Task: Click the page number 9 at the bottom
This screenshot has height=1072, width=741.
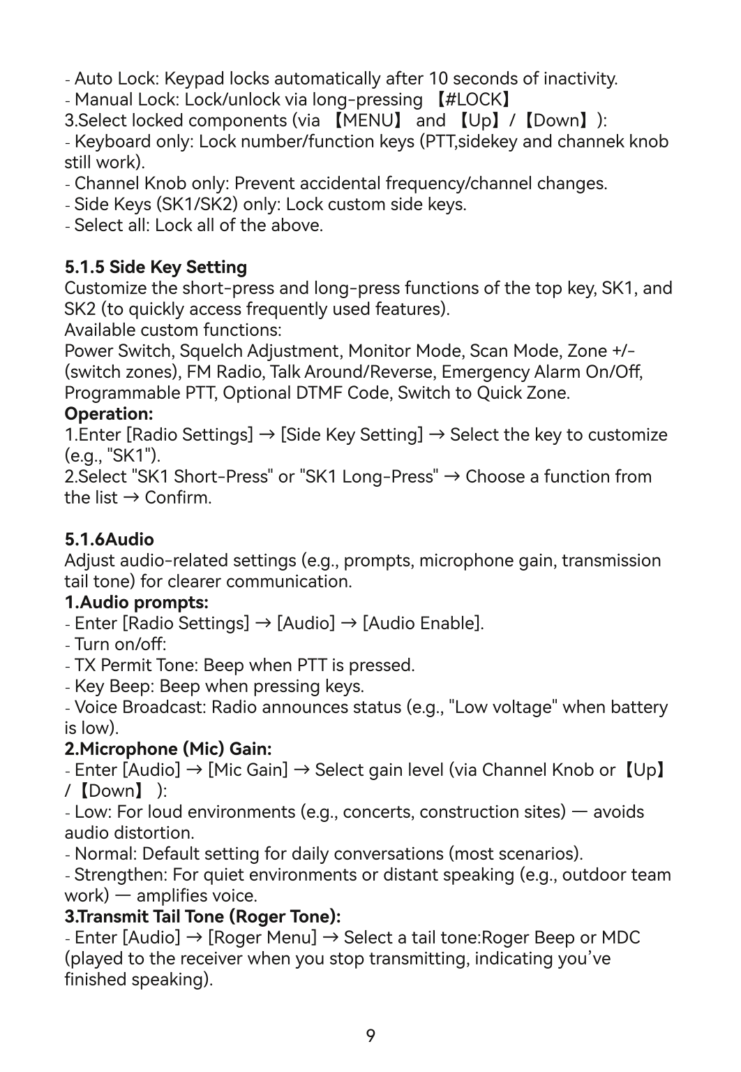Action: click(x=370, y=1036)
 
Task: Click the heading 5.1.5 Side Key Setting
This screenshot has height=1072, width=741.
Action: click(x=156, y=267)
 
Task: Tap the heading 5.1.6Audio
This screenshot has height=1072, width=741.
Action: click(x=109, y=539)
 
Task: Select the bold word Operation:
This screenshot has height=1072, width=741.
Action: click(x=109, y=413)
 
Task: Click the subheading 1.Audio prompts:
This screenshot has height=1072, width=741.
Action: click(x=136, y=602)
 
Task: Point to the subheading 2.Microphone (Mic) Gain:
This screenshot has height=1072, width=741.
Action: click(x=167, y=749)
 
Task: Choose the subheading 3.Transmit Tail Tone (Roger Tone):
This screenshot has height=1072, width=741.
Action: click(x=202, y=916)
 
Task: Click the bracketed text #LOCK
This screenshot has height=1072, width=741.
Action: click(x=476, y=100)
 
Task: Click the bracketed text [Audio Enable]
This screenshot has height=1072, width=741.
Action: click(x=423, y=623)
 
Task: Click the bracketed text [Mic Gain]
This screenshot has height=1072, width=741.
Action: click(x=248, y=770)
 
